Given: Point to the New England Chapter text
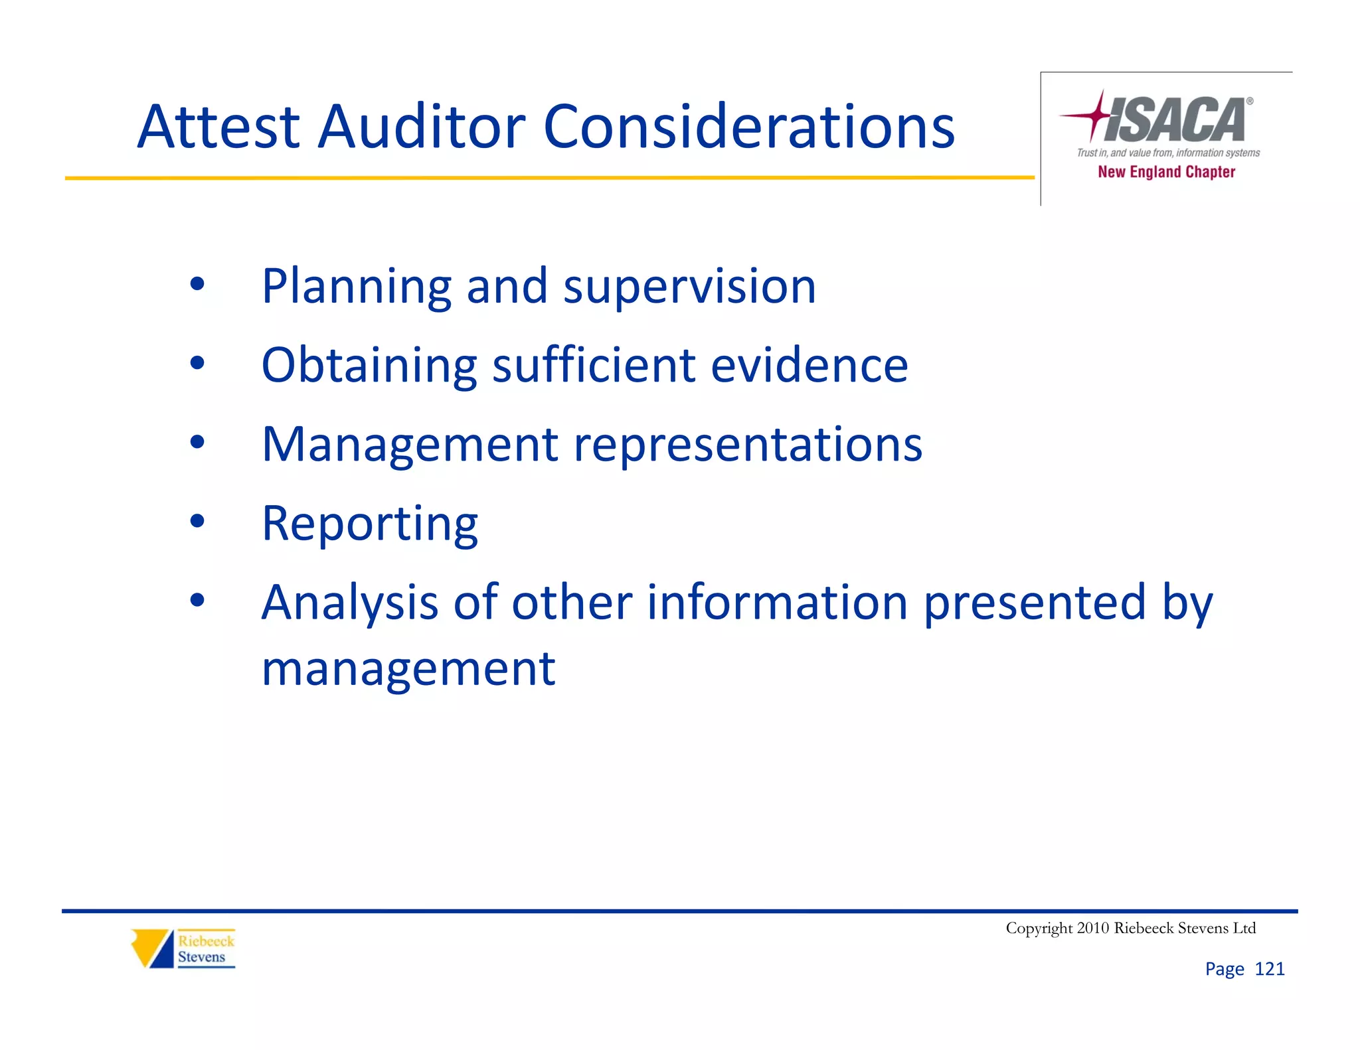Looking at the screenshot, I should coord(1166,172).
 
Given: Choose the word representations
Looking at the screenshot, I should coord(748,445).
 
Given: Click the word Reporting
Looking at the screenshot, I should coord(370,524).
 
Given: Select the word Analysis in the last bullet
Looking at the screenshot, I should coord(350,603).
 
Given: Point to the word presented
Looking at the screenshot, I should coord(1035,603).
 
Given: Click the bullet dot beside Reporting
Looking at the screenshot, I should coord(197,521).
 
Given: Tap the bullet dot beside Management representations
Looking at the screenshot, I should coord(197,442).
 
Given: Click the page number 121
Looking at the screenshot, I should coord(1269,969).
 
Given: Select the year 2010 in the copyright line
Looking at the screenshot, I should coord(1092,928).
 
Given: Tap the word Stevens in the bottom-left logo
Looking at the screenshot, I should coord(201,957).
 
